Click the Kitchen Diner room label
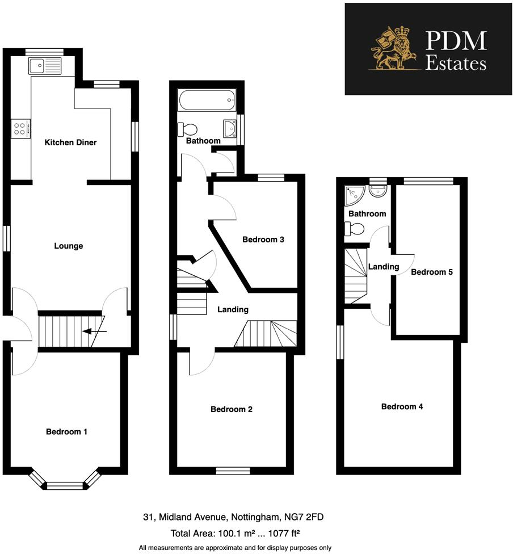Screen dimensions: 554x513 (71, 142)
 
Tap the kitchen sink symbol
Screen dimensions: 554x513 (44, 66)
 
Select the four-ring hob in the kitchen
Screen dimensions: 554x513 (20, 129)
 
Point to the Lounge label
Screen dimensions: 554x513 (69, 246)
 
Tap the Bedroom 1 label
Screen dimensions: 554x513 (66, 432)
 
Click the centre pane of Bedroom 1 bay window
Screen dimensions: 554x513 (64, 485)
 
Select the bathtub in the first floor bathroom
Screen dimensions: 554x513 (206, 101)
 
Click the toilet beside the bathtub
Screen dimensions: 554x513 (187, 128)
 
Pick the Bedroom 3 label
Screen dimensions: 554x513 (263, 240)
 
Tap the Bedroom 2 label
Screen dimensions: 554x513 (232, 409)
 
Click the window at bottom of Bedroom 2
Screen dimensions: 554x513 (233, 470)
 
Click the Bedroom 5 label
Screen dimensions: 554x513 (432, 272)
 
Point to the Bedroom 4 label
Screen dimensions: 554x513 (402, 406)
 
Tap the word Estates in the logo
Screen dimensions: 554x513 (456, 63)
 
